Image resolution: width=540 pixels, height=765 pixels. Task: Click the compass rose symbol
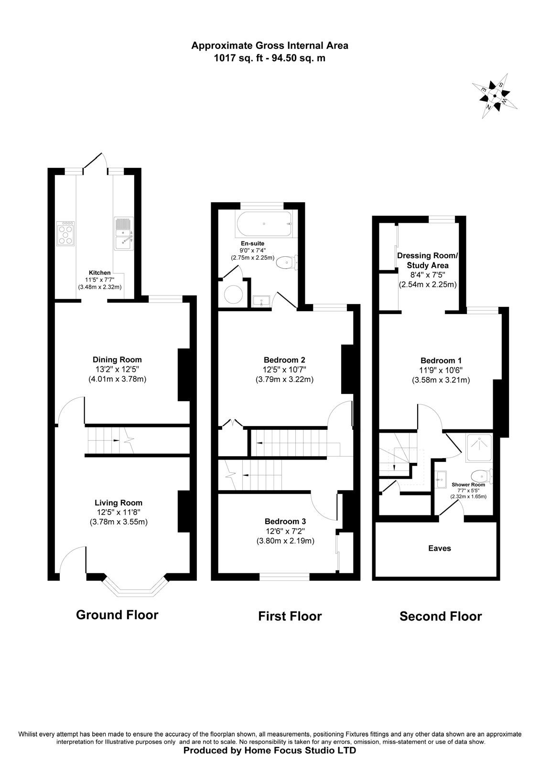click(x=494, y=96)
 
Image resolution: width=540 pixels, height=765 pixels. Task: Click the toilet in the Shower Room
click(x=481, y=476)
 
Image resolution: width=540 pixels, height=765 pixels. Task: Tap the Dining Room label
click(x=117, y=359)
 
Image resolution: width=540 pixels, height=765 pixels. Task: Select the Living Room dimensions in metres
click(x=119, y=522)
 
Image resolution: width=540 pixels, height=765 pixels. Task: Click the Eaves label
click(x=439, y=548)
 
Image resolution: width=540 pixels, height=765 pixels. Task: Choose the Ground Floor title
click(x=117, y=615)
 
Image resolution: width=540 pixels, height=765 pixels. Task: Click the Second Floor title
click(x=441, y=616)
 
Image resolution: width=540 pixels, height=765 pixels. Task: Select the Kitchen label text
click(x=100, y=273)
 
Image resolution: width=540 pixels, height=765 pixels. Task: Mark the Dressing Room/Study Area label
click(x=427, y=260)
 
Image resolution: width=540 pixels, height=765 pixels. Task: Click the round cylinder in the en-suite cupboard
click(x=234, y=294)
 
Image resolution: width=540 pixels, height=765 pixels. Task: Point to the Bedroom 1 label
click(x=441, y=361)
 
